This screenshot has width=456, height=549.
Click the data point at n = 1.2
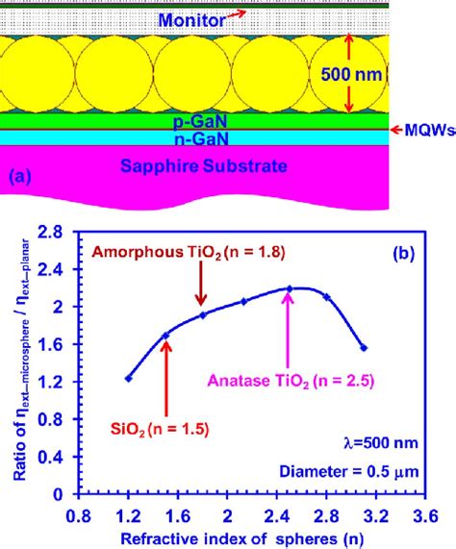pyautogui.click(x=129, y=379)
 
